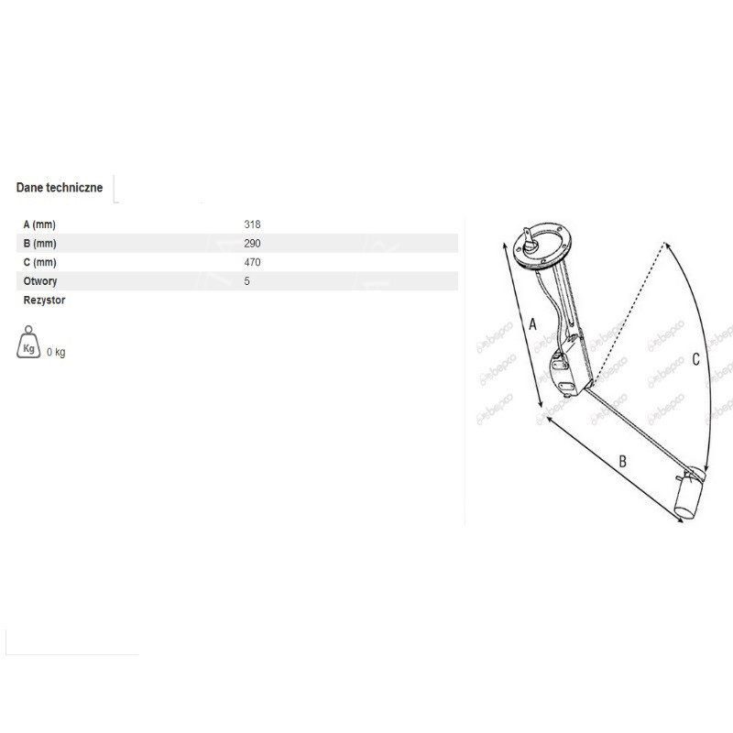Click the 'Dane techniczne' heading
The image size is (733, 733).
(60, 188)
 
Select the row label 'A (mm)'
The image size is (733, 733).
(39, 224)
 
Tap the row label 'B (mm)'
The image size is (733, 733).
(39, 244)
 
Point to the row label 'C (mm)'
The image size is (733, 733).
(39, 262)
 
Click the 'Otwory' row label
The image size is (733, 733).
(40, 281)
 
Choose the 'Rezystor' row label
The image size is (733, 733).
(44, 301)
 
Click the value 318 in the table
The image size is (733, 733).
(252, 224)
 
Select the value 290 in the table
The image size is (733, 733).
(252, 244)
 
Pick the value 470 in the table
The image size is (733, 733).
(252, 262)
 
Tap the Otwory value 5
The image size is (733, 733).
(246, 281)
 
